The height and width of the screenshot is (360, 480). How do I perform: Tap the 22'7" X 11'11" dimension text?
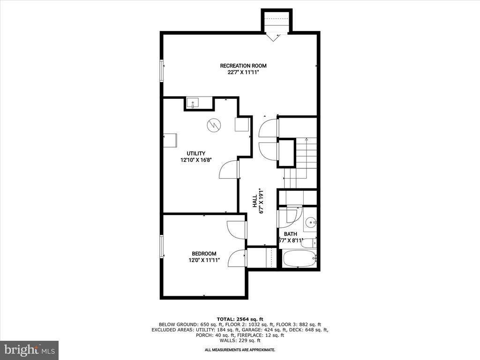(240, 72)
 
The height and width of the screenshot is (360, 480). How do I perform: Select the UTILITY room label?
(196, 153)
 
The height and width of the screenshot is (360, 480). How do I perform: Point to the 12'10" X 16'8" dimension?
(196, 160)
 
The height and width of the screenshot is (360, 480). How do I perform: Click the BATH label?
(290, 233)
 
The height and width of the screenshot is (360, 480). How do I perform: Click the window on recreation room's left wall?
(162, 71)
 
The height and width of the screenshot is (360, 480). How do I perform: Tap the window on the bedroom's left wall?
(162, 246)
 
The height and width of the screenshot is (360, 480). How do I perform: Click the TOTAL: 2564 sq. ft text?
(240, 318)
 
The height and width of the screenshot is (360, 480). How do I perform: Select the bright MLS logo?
(29, 350)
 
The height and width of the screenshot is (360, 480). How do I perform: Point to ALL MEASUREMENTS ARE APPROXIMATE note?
(240, 350)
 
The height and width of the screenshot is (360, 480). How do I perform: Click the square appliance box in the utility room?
(242, 124)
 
